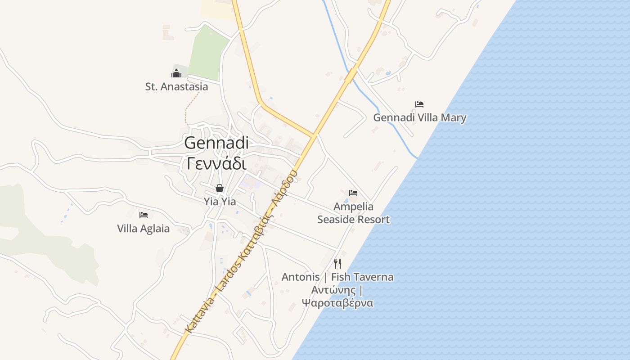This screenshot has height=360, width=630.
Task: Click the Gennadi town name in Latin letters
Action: tap(216, 143)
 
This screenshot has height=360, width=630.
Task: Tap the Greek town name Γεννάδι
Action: tap(216, 162)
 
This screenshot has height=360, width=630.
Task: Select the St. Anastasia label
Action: tap(176, 86)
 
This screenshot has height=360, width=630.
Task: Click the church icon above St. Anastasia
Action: tap(176, 73)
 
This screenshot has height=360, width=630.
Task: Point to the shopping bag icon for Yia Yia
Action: tap(220, 188)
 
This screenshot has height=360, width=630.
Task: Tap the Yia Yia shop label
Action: tap(220, 202)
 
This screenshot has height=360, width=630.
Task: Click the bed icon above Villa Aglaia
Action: tap(144, 215)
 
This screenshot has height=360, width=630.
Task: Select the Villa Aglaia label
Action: tap(144, 229)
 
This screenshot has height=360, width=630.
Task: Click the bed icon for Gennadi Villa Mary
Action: tap(419, 104)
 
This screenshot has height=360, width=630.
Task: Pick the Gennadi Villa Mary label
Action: tap(419, 118)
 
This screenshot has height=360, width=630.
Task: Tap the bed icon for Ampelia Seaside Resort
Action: tap(353, 193)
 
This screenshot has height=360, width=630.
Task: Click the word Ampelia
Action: tap(353, 207)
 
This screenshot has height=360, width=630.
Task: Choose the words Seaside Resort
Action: tap(353, 220)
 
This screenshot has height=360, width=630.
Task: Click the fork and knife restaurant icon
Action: tap(337, 264)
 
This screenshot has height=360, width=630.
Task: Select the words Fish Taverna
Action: tap(362, 277)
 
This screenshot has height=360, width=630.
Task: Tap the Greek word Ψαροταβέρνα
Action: tap(337, 302)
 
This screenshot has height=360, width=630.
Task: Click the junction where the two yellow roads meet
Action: tap(313, 135)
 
